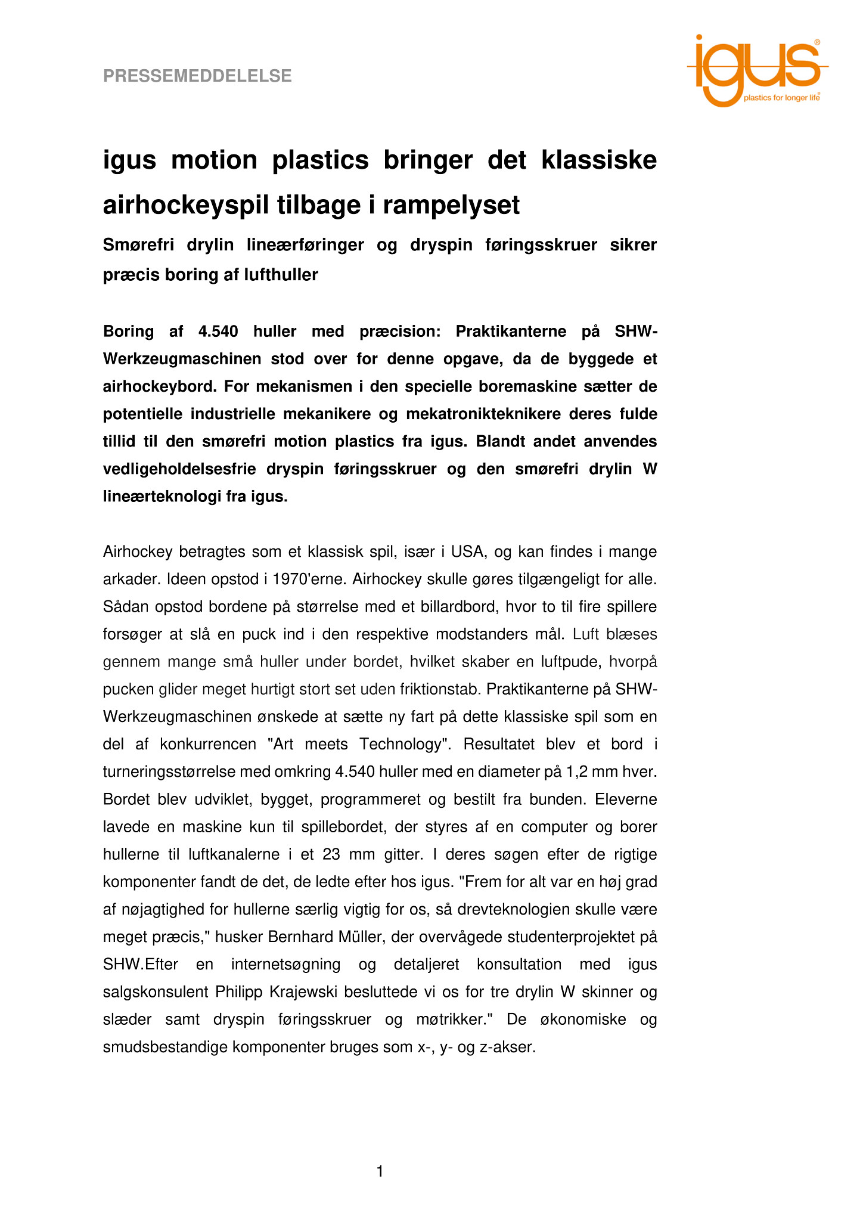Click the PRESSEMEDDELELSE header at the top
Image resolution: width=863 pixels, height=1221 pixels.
(x=197, y=76)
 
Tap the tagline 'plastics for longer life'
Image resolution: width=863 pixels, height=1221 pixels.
(x=781, y=98)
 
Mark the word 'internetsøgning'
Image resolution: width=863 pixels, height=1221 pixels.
(x=285, y=965)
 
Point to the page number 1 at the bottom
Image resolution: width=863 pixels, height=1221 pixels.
(x=380, y=1172)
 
